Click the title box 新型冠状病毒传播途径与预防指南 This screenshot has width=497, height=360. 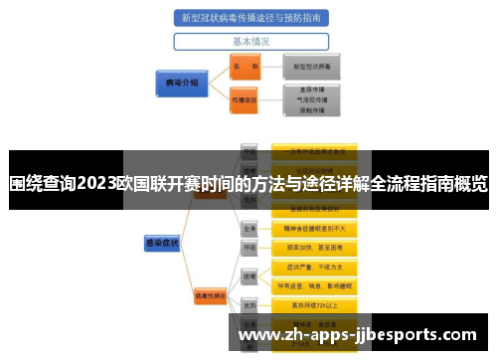250,17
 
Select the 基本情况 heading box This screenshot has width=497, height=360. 250,42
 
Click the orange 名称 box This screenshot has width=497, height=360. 244,67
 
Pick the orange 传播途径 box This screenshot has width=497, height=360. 244,99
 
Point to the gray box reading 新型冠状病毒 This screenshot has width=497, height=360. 312,67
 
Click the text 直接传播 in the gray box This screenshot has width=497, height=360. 312,88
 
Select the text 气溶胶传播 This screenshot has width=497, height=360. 312,99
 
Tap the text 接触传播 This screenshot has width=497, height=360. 312,111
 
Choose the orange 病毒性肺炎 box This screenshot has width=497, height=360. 212,295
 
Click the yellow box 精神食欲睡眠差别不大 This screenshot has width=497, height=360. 321,228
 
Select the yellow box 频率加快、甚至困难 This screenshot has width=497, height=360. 321,247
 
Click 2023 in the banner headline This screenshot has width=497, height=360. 95,183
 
